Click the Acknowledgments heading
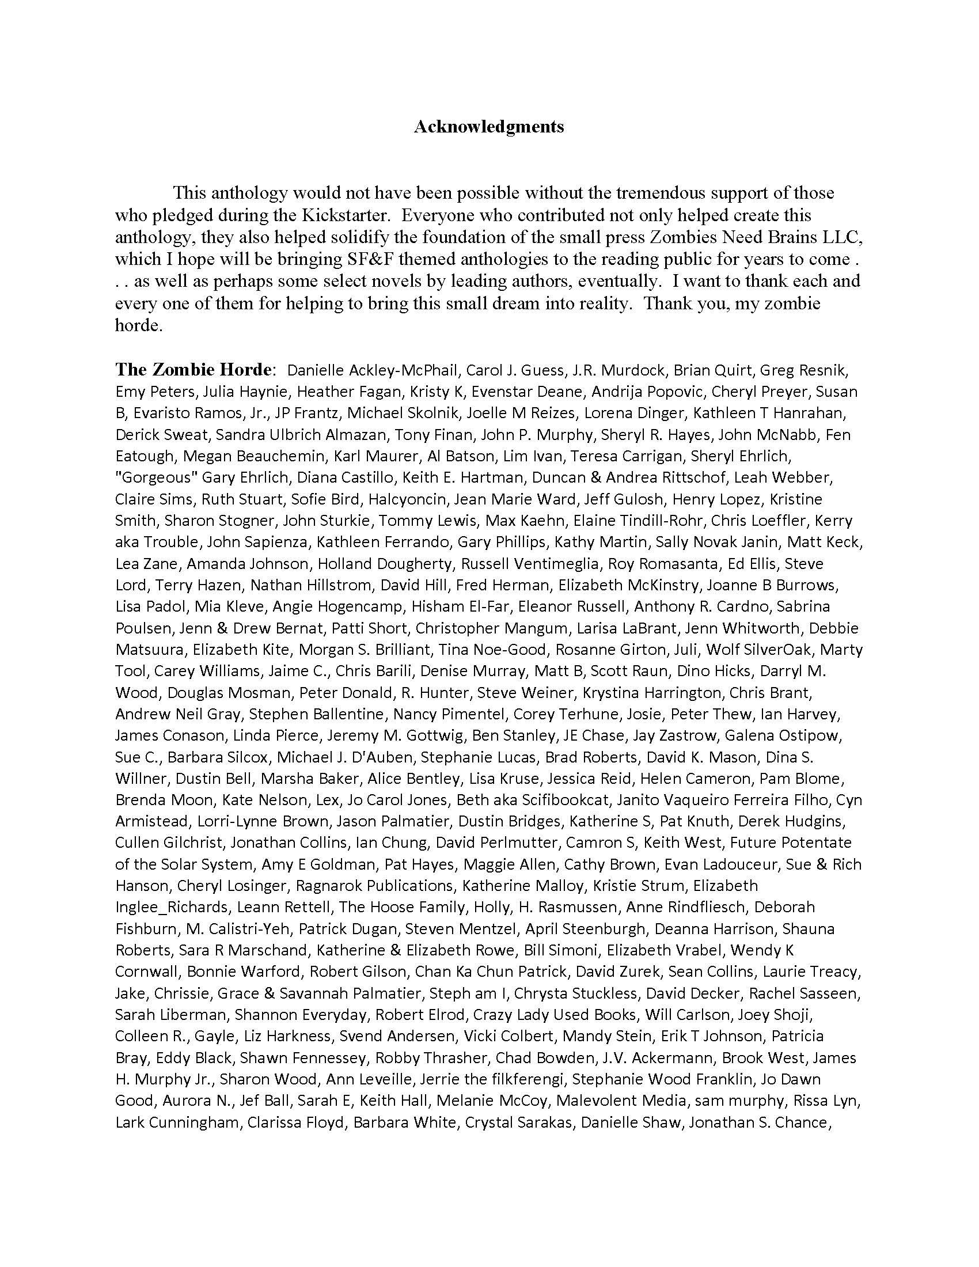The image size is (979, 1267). pyautogui.click(x=488, y=127)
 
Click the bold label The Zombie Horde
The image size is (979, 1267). pyautogui.click(x=193, y=370)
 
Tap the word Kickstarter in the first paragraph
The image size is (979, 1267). pyautogui.click(x=344, y=215)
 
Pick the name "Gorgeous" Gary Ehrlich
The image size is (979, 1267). pyautogui.click(x=201, y=477)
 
